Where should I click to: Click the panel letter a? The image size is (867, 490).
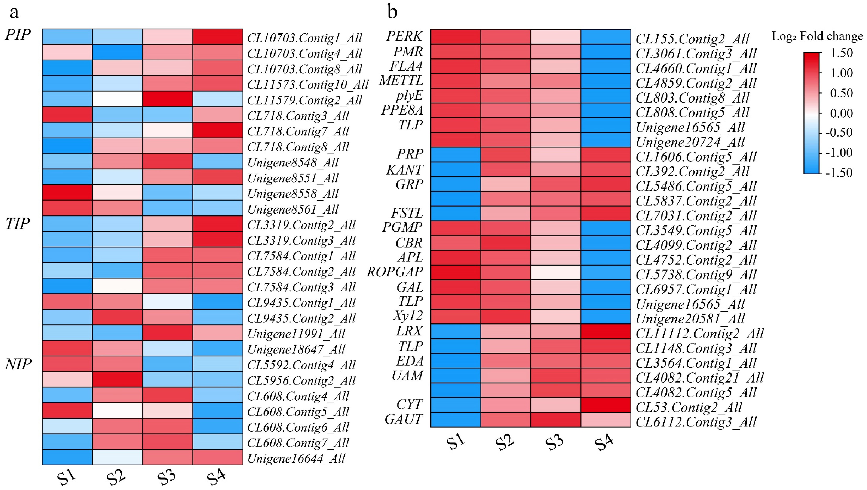[14, 13]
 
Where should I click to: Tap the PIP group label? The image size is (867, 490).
[18, 35]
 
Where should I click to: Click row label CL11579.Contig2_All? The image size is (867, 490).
[304, 100]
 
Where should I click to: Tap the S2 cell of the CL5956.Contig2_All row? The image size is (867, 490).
[117, 380]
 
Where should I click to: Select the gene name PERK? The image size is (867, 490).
[404, 36]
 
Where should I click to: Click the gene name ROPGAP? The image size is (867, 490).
[395, 272]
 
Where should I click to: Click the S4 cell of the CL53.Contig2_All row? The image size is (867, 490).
[606, 405]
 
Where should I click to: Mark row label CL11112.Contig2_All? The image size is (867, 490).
[699, 334]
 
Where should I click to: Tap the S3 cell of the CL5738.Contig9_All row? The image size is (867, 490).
[556, 272]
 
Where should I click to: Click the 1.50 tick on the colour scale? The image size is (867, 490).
[841, 53]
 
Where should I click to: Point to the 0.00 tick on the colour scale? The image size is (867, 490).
[841, 113]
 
